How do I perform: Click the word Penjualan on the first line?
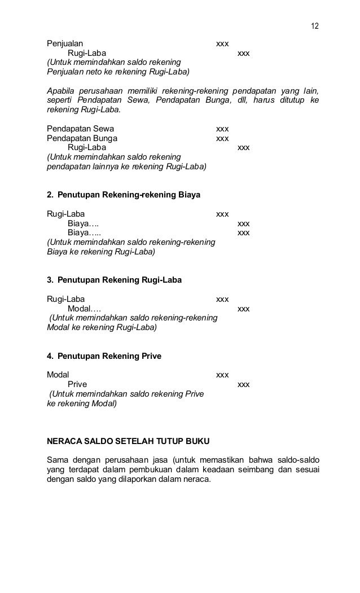tap(64, 43)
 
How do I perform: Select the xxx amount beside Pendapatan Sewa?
tap(222, 129)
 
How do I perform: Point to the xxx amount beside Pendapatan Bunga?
tap(222, 138)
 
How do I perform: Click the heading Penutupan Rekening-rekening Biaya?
tap(129, 195)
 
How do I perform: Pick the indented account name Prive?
tap(77, 384)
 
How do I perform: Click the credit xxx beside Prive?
tap(244, 384)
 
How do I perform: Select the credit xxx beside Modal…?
tap(244, 309)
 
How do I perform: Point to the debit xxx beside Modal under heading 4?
tap(222, 375)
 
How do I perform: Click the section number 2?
tap(50, 195)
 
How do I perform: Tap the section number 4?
tap(50, 356)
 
